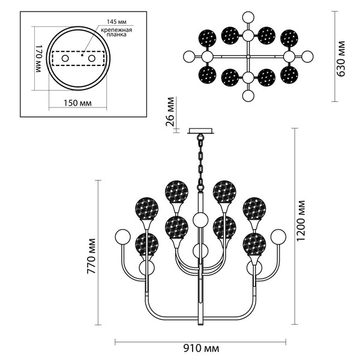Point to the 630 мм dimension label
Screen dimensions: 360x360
[x=341, y=59]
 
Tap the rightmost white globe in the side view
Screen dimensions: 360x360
[x=278, y=236]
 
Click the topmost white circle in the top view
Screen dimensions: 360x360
[x=248, y=17]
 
